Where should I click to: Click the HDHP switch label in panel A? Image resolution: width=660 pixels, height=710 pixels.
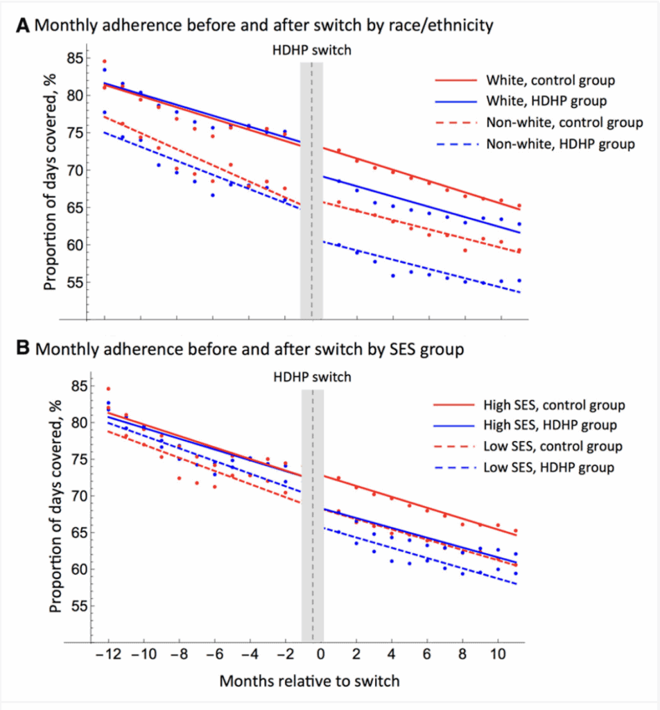pyautogui.click(x=312, y=50)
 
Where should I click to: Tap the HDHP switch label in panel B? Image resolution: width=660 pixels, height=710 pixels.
pyautogui.click(x=312, y=378)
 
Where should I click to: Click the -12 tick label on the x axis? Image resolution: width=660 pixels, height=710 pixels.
pyautogui.click(x=105, y=655)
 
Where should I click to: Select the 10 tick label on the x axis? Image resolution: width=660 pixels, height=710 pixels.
pyautogui.click(x=497, y=655)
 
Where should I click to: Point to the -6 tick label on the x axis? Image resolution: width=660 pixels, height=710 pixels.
pyautogui.click(x=212, y=655)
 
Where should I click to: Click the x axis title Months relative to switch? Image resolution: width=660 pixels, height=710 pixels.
pyautogui.click(x=309, y=681)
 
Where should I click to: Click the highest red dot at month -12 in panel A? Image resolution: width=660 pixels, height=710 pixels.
pyautogui.click(x=105, y=62)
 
